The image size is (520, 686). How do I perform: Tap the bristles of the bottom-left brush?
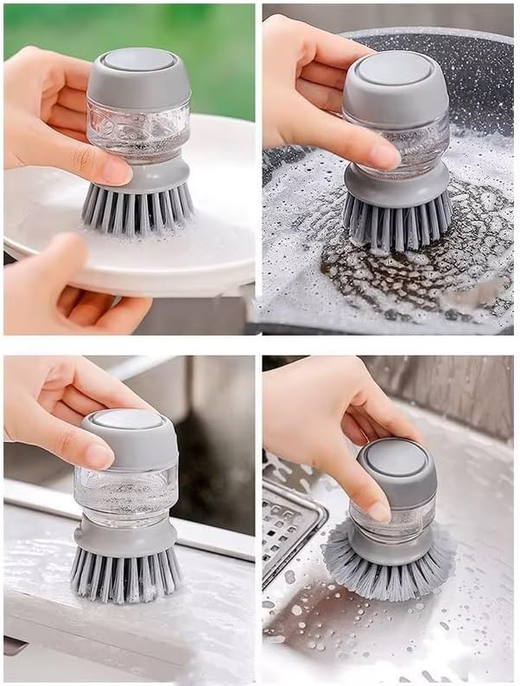(125, 574)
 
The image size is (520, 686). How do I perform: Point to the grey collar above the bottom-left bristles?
(125, 535)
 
